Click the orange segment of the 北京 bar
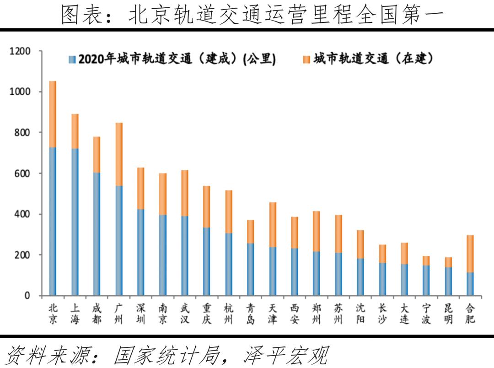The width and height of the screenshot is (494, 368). point(53,114)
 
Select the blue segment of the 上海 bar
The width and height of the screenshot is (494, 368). point(75,222)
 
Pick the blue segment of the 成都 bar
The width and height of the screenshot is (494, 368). point(97,234)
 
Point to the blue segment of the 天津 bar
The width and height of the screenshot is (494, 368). point(272,271)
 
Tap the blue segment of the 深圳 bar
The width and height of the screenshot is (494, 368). point(140,252)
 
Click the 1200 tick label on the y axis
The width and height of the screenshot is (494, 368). point(20,51)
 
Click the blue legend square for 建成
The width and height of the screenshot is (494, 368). point(72,60)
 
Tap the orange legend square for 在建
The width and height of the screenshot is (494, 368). point(306,60)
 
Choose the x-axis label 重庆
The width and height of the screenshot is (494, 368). point(206,314)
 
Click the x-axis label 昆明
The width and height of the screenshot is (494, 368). point(448,314)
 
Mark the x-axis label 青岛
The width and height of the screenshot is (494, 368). point(250,314)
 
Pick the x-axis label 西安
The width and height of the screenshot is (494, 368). point(294,314)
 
